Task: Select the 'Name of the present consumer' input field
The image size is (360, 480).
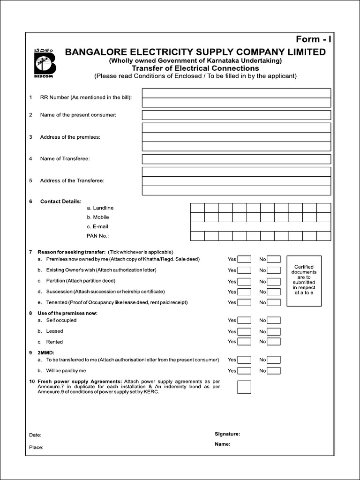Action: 236,115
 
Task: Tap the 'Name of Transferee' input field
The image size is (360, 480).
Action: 236,159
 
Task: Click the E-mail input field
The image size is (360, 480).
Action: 260,226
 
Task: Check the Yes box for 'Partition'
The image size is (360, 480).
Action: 244,281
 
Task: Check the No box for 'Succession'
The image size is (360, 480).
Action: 274,292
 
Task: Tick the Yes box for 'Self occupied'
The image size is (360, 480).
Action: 244,321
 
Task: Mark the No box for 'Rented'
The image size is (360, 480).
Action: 274,342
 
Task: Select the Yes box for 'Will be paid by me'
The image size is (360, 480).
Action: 244,371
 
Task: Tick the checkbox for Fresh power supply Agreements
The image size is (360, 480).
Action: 244,387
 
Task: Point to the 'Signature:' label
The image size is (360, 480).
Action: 227,434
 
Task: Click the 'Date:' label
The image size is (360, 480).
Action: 35,435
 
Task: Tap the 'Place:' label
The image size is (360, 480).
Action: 36,447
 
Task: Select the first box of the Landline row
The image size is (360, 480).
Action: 197,208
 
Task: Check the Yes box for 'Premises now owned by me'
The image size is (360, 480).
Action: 244,259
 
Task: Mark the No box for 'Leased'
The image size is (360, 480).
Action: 274,331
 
